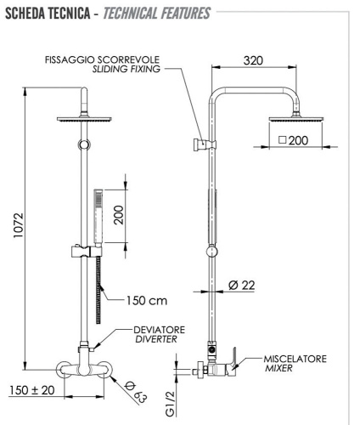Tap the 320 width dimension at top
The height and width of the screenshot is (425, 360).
coord(251,60)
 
